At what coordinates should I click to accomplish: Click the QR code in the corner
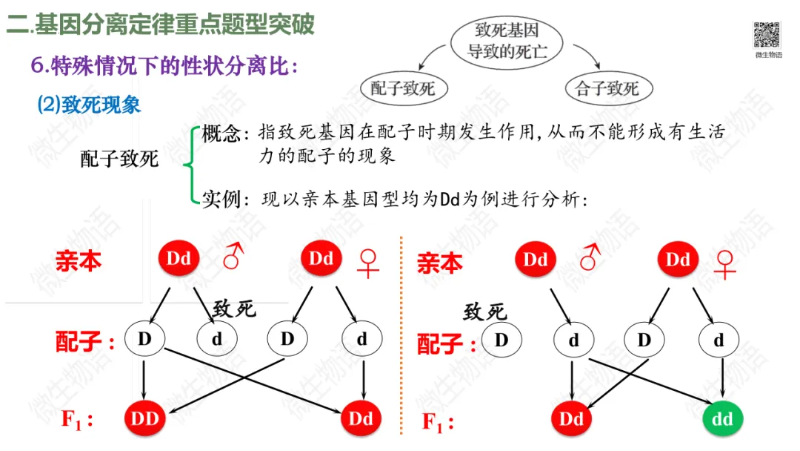[767, 34]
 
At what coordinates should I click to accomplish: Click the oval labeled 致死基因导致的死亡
[506, 42]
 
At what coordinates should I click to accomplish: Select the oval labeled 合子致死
[607, 90]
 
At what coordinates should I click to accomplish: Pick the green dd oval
[722, 420]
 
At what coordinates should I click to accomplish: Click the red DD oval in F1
[145, 419]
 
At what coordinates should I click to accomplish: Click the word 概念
[221, 134]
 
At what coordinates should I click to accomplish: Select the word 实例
[221, 200]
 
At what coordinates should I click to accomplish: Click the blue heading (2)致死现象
[89, 105]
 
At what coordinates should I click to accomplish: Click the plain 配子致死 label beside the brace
[119, 158]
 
